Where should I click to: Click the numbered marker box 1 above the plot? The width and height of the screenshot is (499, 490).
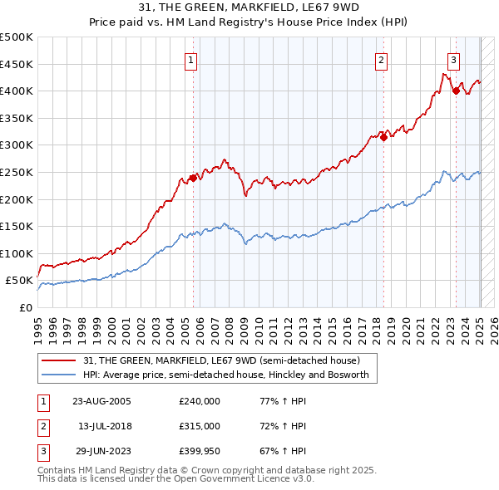click(x=191, y=60)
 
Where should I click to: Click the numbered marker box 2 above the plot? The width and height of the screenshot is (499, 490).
click(x=381, y=60)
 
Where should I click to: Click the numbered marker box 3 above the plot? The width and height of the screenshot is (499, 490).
click(x=453, y=60)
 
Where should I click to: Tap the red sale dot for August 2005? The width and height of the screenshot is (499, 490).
click(x=193, y=177)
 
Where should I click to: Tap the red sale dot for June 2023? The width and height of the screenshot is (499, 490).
click(x=456, y=91)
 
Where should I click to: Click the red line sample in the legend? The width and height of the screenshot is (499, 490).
click(x=61, y=360)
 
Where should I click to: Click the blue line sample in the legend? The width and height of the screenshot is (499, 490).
click(x=61, y=375)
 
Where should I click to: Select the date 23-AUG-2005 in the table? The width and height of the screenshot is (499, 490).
click(x=101, y=401)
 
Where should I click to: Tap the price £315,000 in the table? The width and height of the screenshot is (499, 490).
click(x=200, y=426)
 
